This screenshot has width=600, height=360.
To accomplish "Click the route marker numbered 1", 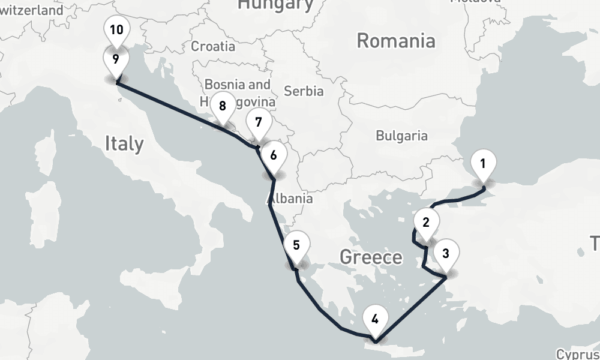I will coord(484,163).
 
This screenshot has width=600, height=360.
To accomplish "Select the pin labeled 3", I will coord(445,253).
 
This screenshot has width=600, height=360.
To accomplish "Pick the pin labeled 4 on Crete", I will coord(375,319).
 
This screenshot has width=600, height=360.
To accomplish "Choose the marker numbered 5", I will coord(296,245).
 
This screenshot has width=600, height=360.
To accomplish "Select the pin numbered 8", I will coord(223,107).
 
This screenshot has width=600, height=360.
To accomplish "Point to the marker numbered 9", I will coord(115,59).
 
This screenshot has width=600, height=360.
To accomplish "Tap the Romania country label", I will coord(396,41).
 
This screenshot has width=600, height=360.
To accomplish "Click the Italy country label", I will coord(124,143).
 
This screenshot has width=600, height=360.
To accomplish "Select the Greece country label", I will coord(371,257).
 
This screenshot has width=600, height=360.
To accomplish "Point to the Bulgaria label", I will coord(402,136).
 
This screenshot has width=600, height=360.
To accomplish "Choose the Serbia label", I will coord(304,91).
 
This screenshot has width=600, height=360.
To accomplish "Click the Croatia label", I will coord(213,46).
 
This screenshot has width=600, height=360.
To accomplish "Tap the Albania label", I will coord(290,199).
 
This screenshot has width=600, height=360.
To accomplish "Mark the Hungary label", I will coord(275,5).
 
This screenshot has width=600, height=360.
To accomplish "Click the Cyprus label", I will coord(577,354).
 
